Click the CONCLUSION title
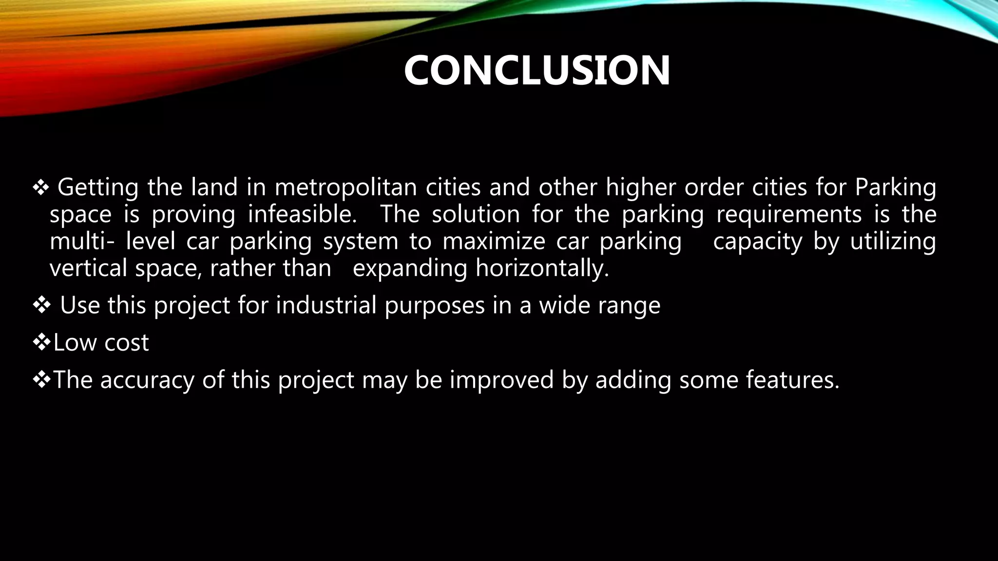click(x=537, y=71)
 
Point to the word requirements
click(x=788, y=215)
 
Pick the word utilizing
click(x=893, y=242)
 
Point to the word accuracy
click(x=147, y=380)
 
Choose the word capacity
click(x=757, y=243)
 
